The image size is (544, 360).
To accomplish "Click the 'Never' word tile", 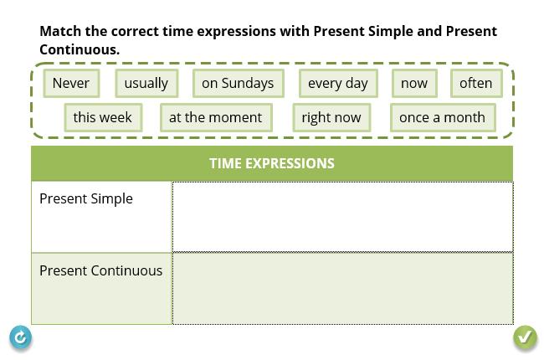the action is coord(71,84).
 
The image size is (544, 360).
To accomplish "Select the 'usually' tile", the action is coord(146,84).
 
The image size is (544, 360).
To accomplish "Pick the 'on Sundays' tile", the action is coord(239,84).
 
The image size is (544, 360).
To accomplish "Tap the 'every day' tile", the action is coord(338,84).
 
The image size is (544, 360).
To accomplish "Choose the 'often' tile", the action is coord(476,84).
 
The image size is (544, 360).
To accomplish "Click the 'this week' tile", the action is coord(103,117).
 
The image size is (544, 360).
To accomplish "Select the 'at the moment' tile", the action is coord(216,117).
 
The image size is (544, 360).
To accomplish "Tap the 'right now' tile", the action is coord(331,117).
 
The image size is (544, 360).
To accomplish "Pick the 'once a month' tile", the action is coord(443,117).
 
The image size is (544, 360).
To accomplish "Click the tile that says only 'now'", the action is coord(414,84).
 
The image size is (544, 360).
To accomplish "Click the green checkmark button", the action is coord(526,337).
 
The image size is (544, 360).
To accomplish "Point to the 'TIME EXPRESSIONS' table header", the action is coord(272,163).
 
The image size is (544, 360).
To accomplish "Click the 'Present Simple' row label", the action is coord(86,199).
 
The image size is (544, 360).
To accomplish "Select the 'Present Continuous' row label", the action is coord(101,270).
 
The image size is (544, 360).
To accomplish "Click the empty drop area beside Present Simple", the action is coord(342,217).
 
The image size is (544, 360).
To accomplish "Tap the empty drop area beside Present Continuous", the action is coord(342,289).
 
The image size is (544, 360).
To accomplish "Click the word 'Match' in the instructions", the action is coord(60,31).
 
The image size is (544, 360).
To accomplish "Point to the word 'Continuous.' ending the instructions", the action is coord(80,49).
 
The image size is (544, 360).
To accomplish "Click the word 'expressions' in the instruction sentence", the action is coord(236,32).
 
